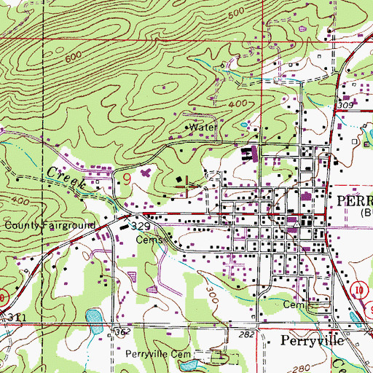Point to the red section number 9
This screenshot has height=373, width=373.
[127, 176]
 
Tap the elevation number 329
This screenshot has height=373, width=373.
[141, 227]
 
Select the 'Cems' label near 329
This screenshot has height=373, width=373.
[148, 238]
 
